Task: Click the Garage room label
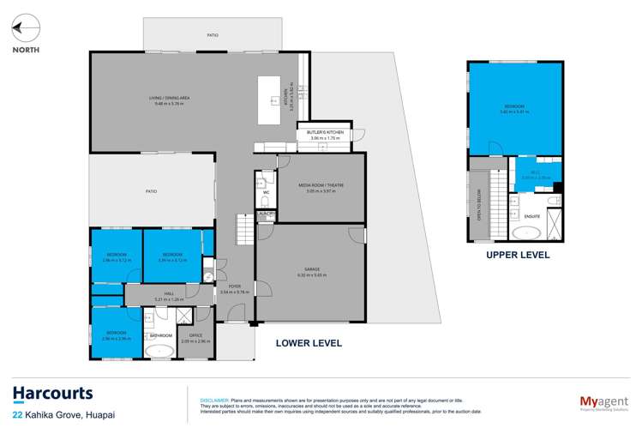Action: pos(312,274)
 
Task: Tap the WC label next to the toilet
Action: pos(266,192)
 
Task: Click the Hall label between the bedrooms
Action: pos(169,296)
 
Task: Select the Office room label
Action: pos(195,337)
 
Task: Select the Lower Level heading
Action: pos(309,343)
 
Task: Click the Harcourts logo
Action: pos(52,394)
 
